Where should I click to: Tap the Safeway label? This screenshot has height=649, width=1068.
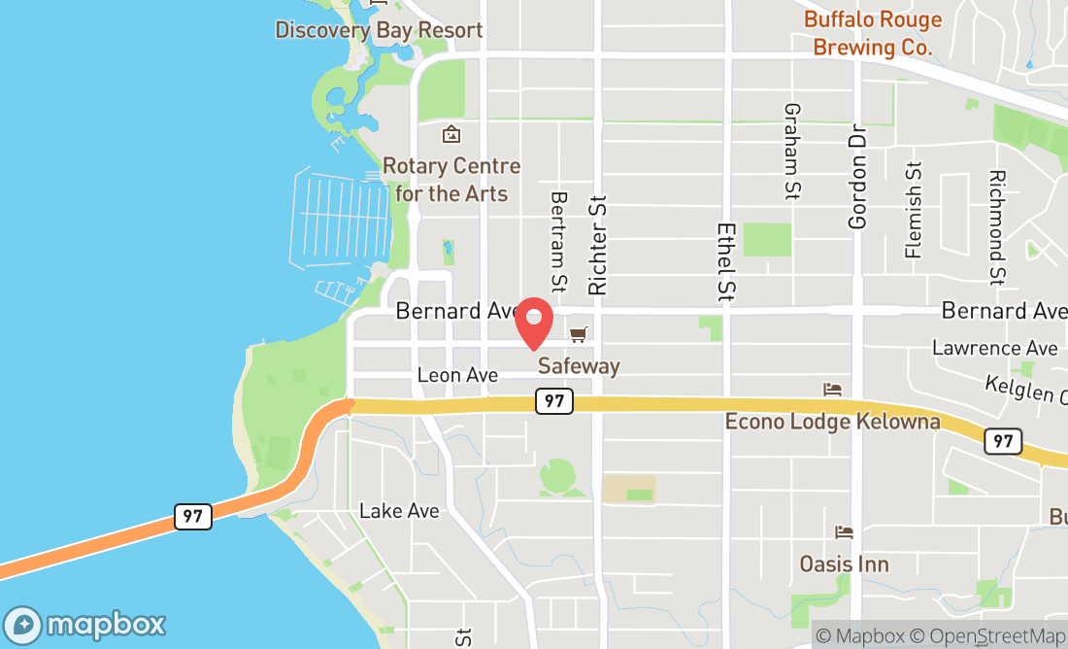579,366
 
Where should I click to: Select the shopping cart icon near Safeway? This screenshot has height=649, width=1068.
579,334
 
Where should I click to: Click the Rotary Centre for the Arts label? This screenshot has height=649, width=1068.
451,180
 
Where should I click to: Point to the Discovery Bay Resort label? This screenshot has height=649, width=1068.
379,30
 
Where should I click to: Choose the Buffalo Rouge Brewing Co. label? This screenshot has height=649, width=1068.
873,33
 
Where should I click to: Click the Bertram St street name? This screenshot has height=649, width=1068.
558,241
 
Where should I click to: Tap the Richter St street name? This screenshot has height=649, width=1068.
597,244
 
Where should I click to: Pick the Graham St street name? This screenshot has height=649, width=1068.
792,152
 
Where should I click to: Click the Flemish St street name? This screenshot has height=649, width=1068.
913,210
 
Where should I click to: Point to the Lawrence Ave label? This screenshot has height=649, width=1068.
994,347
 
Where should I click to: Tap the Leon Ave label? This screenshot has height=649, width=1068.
457,375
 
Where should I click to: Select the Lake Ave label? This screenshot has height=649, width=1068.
399,511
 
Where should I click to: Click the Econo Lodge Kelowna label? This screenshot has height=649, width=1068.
833,422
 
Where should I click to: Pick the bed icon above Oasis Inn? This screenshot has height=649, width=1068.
844,532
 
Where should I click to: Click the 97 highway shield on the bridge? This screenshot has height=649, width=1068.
192,516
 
